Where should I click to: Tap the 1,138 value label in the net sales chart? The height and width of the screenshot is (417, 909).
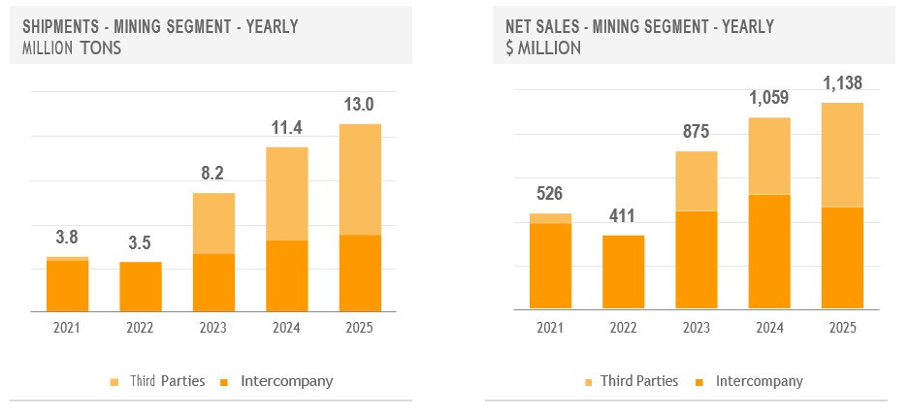(841, 82)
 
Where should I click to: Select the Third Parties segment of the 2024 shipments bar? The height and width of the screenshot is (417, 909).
(286, 193)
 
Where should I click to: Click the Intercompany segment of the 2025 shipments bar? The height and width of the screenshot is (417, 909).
(359, 273)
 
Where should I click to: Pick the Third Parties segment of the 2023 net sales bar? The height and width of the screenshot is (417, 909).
(696, 180)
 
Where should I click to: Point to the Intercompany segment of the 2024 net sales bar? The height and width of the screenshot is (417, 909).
(768, 251)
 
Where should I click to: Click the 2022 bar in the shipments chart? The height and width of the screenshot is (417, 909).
(141, 286)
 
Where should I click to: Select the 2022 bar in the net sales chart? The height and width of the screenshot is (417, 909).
(623, 272)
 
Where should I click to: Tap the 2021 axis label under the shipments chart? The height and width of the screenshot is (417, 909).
(67, 328)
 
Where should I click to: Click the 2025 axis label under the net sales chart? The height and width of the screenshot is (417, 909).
(841, 328)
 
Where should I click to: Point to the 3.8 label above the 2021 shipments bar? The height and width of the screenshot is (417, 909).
(67, 237)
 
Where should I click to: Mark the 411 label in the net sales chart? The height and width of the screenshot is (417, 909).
(623, 215)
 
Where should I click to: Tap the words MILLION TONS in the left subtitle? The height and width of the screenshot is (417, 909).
(71, 47)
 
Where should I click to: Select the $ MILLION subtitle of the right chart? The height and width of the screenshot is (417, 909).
(543, 47)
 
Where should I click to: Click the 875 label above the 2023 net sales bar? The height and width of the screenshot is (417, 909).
(696, 131)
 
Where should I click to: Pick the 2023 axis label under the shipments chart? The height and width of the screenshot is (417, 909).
(212, 328)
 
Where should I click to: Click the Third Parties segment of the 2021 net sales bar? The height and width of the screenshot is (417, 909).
(549, 218)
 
